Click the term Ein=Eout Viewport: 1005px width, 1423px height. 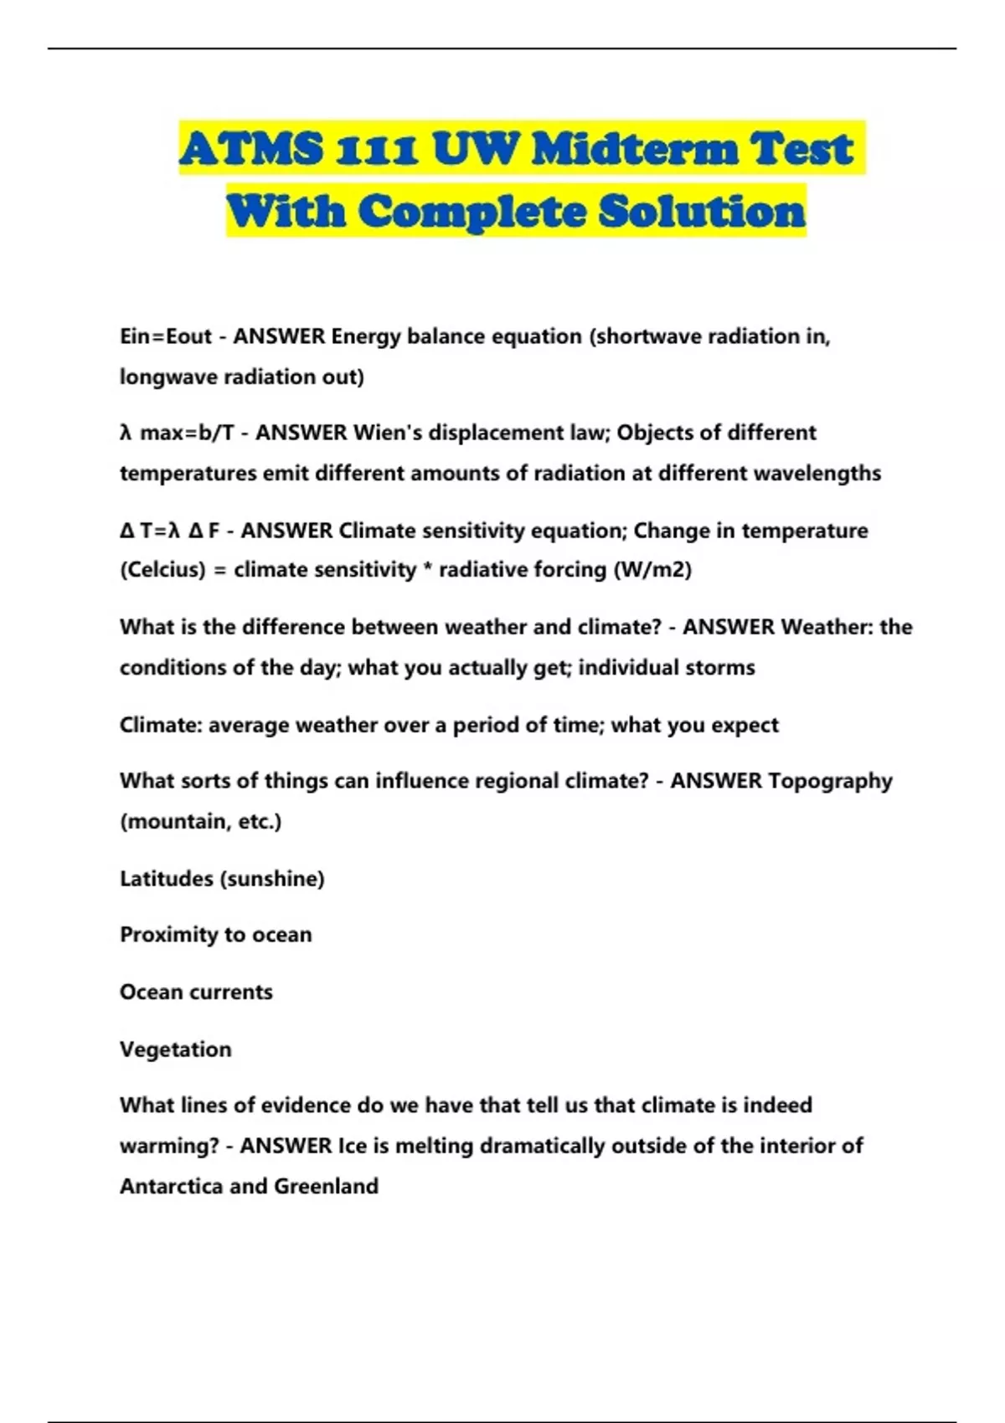(x=166, y=336)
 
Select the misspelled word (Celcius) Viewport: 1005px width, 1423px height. (x=162, y=570)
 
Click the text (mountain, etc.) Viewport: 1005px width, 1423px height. (x=201, y=821)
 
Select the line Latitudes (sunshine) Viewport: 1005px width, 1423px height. (x=222, y=879)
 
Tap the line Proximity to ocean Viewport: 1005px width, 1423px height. (x=215, y=935)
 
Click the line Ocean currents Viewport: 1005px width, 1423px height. (x=196, y=992)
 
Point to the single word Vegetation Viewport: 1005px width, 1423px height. (x=176, y=1050)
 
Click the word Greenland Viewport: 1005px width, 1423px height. (x=327, y=1186)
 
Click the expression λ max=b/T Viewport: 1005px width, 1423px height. (x=177, y=433)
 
